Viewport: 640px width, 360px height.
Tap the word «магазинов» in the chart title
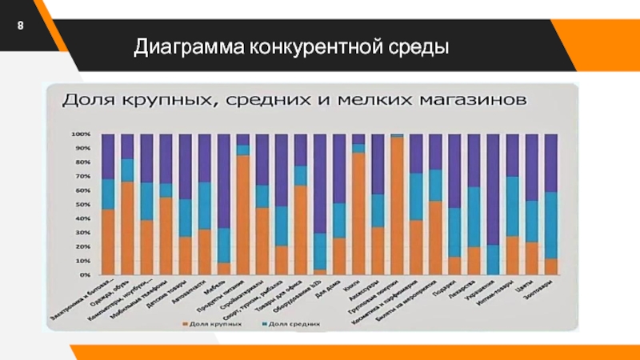click(x=464, y=102)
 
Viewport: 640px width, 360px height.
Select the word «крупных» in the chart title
click(x=161, y=102)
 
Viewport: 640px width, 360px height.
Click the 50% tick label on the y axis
click(x=82, y=205)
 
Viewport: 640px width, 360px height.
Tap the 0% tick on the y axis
click(x=84, y=275)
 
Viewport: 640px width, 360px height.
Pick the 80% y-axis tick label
click(x=82, y=162)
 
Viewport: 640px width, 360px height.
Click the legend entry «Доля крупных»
click(x=214, y=325)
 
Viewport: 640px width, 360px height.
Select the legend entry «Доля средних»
click(x=293, y=325)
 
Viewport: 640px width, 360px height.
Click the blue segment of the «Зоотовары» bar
click(x=550, y=225)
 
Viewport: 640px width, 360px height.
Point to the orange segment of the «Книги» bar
click(x=358, y=213)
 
